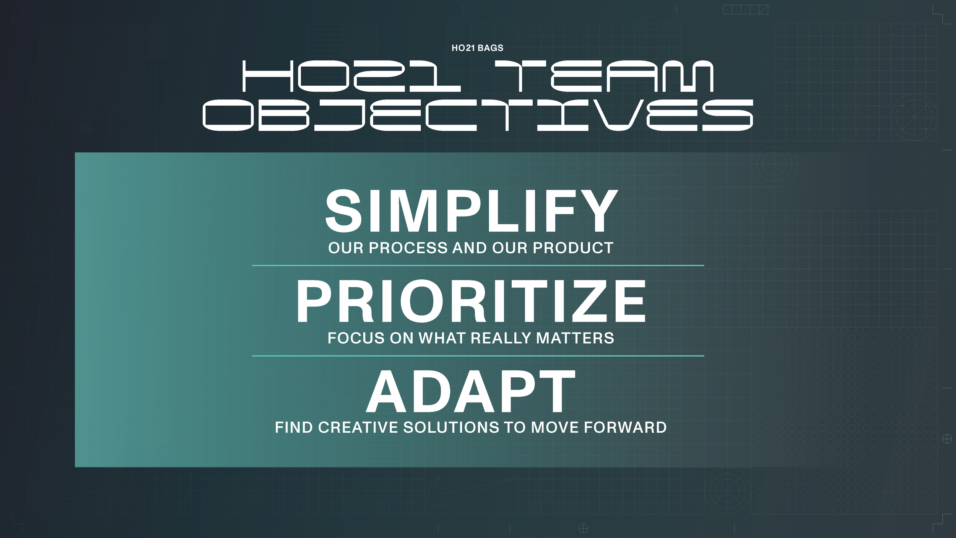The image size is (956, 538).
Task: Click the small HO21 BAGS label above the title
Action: (477, 48)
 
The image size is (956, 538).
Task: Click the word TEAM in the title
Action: (604, 76)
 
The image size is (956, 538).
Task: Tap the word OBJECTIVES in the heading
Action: (478, 115)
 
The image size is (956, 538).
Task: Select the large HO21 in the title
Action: (351, 76)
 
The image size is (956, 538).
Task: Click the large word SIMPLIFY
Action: (471, 211)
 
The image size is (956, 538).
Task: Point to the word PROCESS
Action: (408, 248)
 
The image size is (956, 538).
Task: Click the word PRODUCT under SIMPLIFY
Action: (573, 248)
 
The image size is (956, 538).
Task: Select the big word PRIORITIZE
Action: (471, 302)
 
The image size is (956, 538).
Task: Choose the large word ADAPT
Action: (471, 392)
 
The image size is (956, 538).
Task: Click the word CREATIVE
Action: (358, 427)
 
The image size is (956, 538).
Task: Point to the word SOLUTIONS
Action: (451, 427)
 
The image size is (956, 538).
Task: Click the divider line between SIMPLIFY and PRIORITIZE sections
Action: (478, 265)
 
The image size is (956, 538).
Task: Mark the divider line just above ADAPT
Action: (478, 356)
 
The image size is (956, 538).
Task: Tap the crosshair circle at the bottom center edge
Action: (583, 528)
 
